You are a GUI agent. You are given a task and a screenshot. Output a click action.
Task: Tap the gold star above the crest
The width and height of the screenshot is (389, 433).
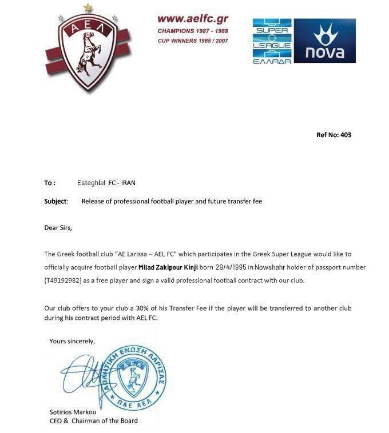point(87,8)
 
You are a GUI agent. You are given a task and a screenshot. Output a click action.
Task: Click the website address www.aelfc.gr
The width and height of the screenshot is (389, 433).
point(193,19)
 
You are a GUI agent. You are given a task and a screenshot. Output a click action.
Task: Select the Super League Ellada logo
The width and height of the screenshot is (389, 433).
point(272,41)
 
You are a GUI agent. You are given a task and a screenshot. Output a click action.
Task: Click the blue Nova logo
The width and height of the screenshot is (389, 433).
point(325,41)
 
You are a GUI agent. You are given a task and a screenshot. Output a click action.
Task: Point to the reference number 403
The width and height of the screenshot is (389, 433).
point(346,135)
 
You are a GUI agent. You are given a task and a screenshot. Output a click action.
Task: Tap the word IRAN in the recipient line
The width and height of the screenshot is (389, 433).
point(128,183)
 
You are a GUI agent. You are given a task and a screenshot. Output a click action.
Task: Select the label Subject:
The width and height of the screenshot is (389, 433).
point(56,201)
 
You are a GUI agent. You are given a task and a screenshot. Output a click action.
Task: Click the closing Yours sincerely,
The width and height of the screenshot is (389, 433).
point(72,341)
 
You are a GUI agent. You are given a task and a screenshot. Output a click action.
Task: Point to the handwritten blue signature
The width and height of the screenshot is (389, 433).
point(86,374)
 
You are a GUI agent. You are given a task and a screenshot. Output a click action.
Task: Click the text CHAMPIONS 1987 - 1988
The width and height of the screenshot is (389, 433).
point(193,31)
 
